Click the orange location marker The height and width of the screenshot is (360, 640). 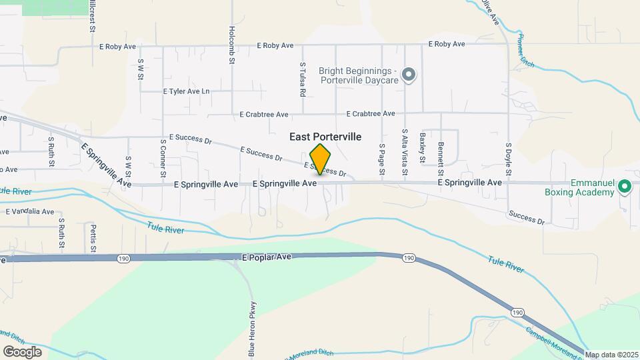point(320,159)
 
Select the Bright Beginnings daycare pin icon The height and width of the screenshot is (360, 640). point(409,75)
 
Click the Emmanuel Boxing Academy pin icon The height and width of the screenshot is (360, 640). point(625,187)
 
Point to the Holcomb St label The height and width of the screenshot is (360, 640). point(232,45)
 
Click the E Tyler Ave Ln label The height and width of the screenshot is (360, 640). point(186,91)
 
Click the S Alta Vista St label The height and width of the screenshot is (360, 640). point(403,147)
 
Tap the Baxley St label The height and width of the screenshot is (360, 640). point(422,147)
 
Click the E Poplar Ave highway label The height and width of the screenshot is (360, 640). point(267,257)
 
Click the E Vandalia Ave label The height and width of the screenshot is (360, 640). point(29,211)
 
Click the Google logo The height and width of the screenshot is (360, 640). point(22,351)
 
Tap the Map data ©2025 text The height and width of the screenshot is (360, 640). point(611,355)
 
